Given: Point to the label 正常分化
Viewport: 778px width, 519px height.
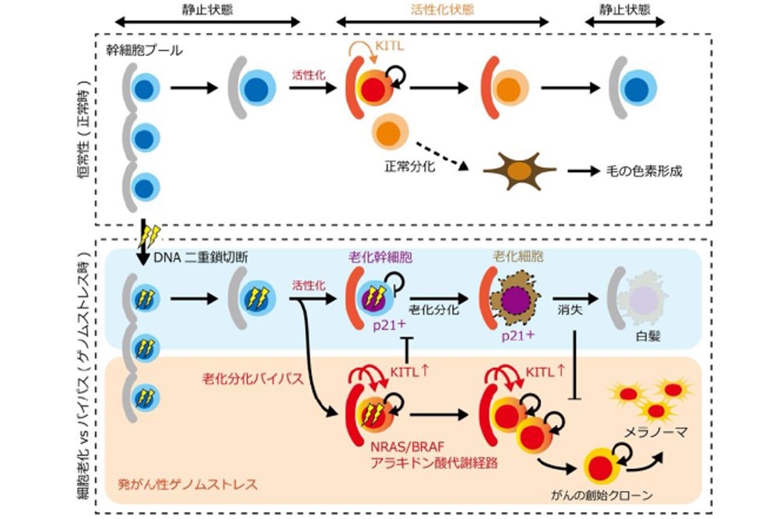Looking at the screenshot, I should [x=409, y=166].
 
